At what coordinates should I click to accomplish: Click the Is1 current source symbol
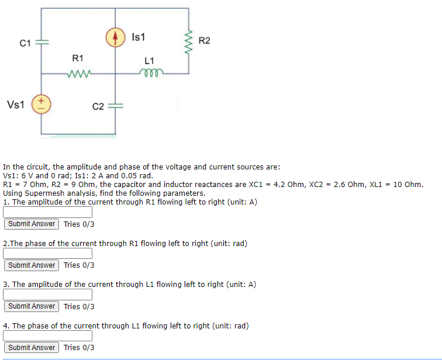click(x=115, y=37)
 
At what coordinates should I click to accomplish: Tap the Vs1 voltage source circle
click(x=42, y=105)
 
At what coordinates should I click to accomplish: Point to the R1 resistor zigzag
click(x=78, y=74)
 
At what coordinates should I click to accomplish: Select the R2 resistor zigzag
click(x=188, y=41)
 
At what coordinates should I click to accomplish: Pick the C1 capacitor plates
click(x=42, y=43)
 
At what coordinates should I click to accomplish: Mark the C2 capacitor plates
click(x=115, y=106)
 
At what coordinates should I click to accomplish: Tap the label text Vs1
click(x=16, y=105)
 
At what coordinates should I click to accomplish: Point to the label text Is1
click(x=139, y=37)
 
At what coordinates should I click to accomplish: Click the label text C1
click(x=25, y=43)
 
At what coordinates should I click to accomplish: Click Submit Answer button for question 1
click(x=32, y=224)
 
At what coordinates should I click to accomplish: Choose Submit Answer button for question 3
click(x=32, y=306)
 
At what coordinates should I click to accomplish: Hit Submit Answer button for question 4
click(x=32, y=348)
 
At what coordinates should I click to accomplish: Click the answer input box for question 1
click(x=48, y=212)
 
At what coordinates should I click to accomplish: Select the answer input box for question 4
click(x=48, y=336)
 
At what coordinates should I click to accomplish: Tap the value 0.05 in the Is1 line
click(x=127, y=175)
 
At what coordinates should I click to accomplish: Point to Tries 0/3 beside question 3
click(x=79, y=306)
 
